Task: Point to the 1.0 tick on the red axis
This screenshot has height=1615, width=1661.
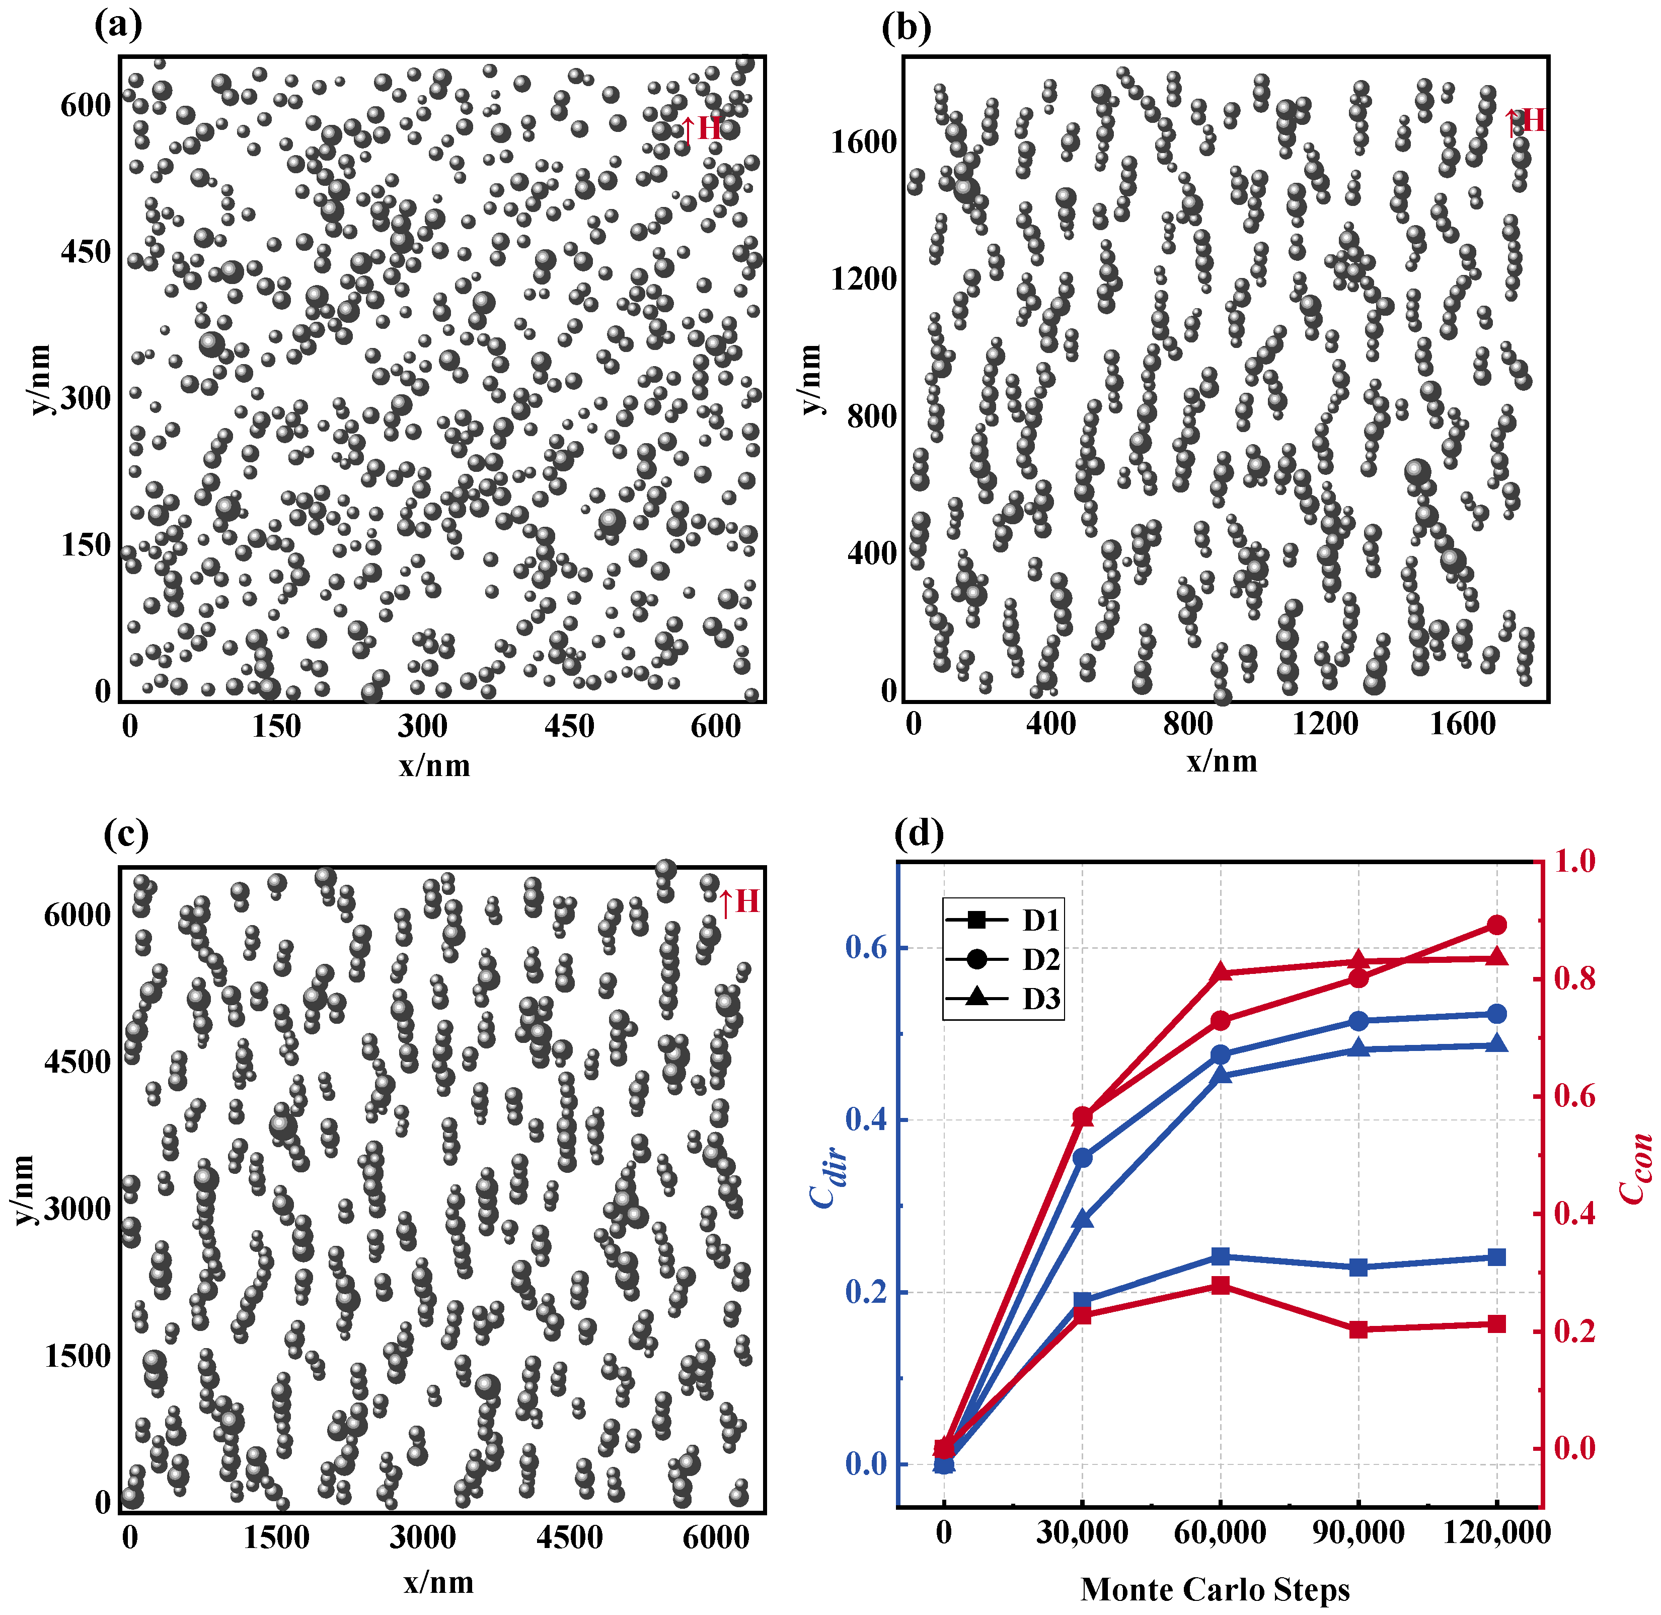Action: click(1574, 862)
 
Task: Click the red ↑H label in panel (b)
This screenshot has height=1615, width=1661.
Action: click(1525, 121)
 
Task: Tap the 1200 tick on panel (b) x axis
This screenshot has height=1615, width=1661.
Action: click(1324, 724)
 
